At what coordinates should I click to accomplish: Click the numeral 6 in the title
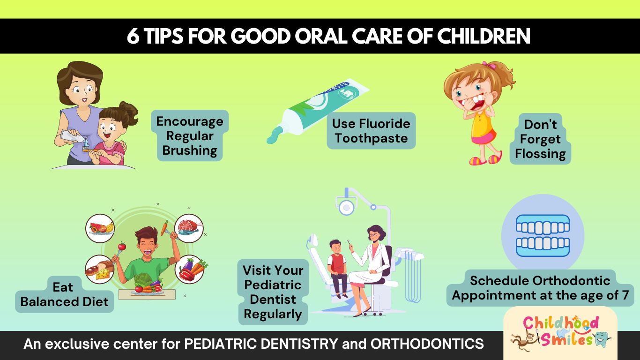click(133, 37)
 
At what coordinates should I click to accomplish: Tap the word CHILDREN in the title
click(484, 37)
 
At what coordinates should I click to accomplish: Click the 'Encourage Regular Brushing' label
click(190, 135)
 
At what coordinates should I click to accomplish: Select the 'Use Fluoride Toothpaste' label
click(371, 131)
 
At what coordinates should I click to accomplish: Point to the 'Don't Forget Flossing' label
click(540, 139)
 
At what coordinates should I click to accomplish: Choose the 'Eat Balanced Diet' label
click(64, 294)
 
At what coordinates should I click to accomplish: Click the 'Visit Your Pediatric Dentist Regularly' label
click(273, 292)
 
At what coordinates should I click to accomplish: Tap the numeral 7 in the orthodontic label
click(625, 295)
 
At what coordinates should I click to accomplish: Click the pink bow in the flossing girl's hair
click(489, 65)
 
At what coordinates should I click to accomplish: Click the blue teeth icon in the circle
click(543, 236)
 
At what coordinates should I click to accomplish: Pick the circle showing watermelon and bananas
click(100, 228)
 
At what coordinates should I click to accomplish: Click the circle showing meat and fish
click(189, 228)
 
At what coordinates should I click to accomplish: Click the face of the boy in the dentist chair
click(335, 247)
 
